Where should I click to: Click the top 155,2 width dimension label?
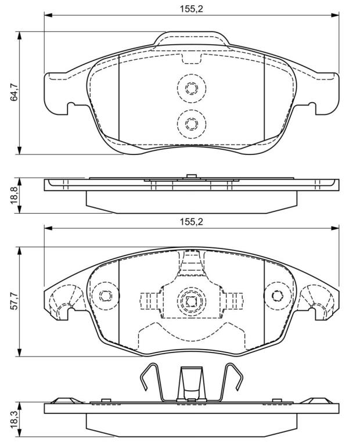tap(191, 9)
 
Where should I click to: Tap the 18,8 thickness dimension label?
tap(14, 196)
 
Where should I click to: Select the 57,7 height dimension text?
tap(14, 301)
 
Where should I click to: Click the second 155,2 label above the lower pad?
tap(191, 222)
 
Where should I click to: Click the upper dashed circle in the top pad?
tap(192, 88)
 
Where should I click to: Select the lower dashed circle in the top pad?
tap(192, 124)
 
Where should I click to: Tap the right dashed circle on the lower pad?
tap(278, 296)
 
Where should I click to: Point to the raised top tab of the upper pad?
tap(192, 38)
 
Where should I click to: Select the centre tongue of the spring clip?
tap(192, 383)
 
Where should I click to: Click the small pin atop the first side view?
tap(192, 176)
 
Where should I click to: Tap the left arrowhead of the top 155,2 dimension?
tap(48, 15)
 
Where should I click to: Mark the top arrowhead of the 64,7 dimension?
tap(19, 35)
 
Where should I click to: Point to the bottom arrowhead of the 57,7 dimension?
tap(19, 353)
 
